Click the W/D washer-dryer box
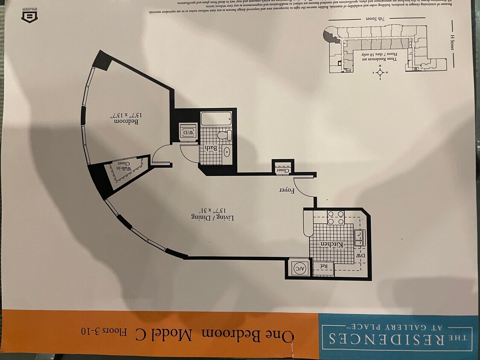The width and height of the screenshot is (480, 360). coord(188,132)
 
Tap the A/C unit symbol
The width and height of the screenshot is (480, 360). coord(297,268)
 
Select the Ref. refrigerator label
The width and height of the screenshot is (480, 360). coord(323,267)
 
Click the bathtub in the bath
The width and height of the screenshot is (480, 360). coord(216,118)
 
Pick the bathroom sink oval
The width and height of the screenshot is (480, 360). coord(227,152)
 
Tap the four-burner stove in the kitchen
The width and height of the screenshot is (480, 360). coord(336,218)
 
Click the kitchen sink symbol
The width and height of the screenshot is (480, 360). coord(359,238)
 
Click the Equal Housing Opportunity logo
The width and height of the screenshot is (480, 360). coord(30,16)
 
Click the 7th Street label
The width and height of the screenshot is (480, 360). coord(377,19)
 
